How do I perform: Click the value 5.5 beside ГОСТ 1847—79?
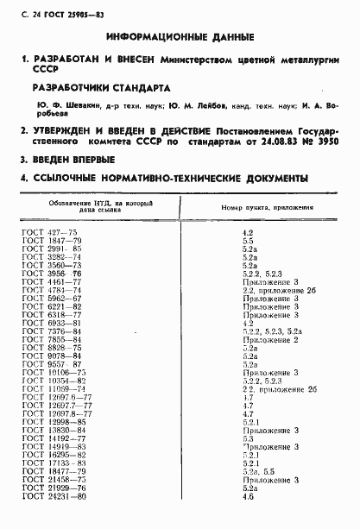point(248,242)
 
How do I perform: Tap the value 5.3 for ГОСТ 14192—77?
point(248,438)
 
